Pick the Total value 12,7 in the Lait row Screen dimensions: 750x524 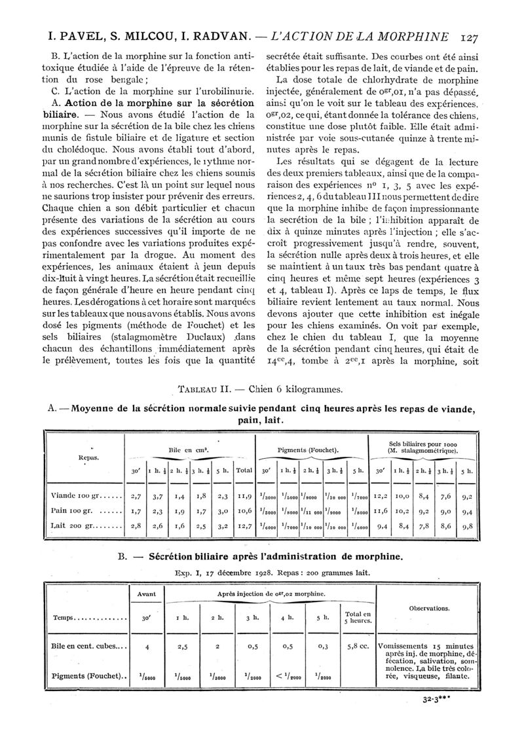point(244,524)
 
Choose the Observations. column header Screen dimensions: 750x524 point(428,608)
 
